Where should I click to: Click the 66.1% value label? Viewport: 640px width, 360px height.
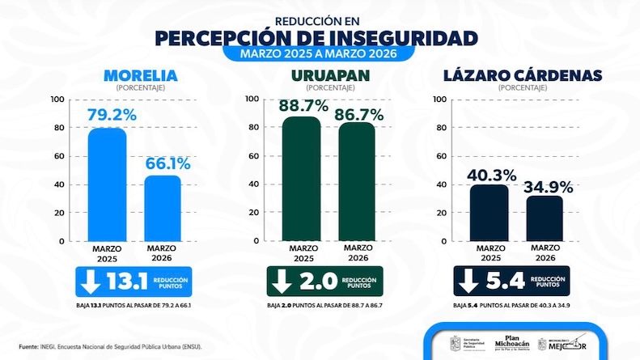[x=167, y=163]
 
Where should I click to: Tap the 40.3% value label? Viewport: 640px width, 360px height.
[x=490, y=174]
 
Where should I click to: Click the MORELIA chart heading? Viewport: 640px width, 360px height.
[x=140, y=76]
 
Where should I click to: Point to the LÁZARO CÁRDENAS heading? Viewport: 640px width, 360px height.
[x=523, y=76]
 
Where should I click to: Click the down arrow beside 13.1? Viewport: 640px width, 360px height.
[x=90, y=281]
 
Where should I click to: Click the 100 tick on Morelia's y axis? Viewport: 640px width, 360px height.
[x=57, y=100]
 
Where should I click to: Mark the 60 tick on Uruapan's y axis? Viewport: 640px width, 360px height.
[x=252, y=156]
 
